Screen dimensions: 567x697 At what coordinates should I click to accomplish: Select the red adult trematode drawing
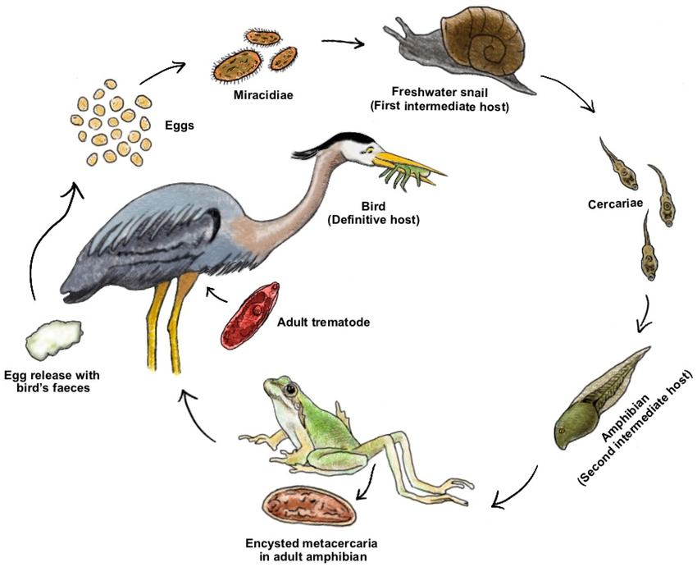point(251,315)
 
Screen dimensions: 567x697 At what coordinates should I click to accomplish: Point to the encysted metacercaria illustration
point(309,508)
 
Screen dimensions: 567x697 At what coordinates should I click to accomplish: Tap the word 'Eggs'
point(183,128)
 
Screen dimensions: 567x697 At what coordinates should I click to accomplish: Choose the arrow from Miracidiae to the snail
point(343,41)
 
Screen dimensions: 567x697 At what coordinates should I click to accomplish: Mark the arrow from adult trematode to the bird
point(216,295)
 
